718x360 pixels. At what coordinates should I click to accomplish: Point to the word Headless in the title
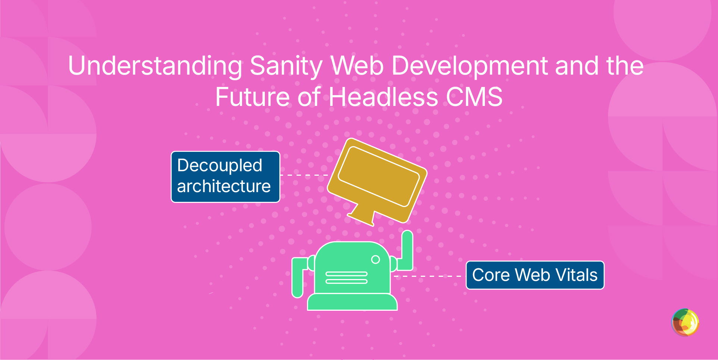click(383, 97)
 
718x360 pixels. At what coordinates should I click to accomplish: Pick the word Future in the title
click(253, 97)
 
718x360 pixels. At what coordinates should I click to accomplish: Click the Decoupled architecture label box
click(225, 177)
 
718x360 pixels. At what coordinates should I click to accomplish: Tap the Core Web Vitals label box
click(535, 275)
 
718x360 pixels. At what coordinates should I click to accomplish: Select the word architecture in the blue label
click(224, 186)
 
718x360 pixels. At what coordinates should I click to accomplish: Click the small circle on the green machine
click(376, 260)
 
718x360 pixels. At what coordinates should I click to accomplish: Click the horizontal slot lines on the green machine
click(347, 278)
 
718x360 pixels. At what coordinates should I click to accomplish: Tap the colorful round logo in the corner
click(685, 322)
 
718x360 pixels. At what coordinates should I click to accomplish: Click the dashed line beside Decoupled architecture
click(304, 175)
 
